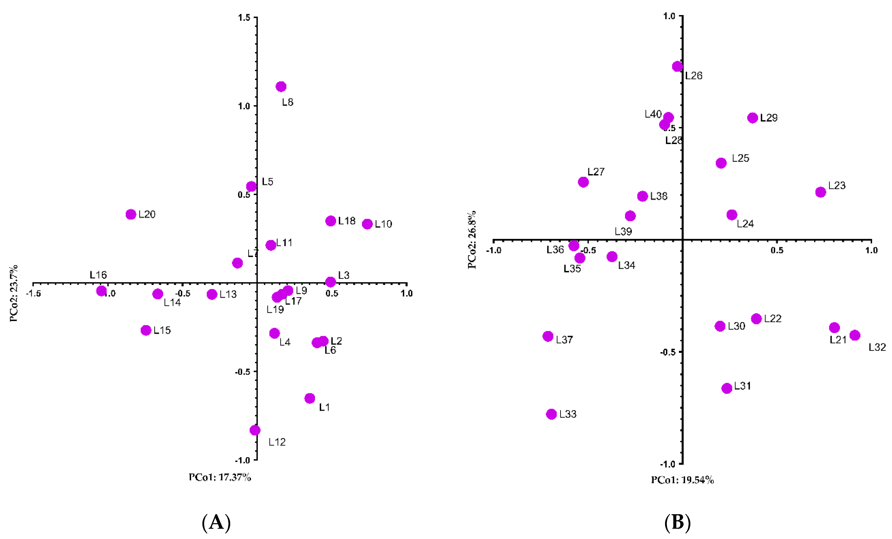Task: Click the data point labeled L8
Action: click(x=281, y=86)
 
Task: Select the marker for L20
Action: click(x=131, y=214)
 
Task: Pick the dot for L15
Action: click(x=146, y=330)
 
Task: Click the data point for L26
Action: click(x=677, y=66)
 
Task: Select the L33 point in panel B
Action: click(x=551, y=414)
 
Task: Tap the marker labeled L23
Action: click(x=821, y=192)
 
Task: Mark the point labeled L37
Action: click(x=548, y=336)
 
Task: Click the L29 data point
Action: click(x=753, y=118)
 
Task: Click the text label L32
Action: click(x=877, y=347)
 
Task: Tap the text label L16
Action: click(x=98, y=275)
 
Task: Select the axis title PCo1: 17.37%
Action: click(x=220, y=477)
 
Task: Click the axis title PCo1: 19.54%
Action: click(x=682, y=480)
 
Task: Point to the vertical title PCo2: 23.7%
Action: click(x=14, y=293)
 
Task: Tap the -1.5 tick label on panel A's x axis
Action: click(x=33, y=293)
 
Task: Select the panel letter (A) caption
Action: click(x=216, y=523)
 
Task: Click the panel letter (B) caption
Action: click(x=677, y=523)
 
